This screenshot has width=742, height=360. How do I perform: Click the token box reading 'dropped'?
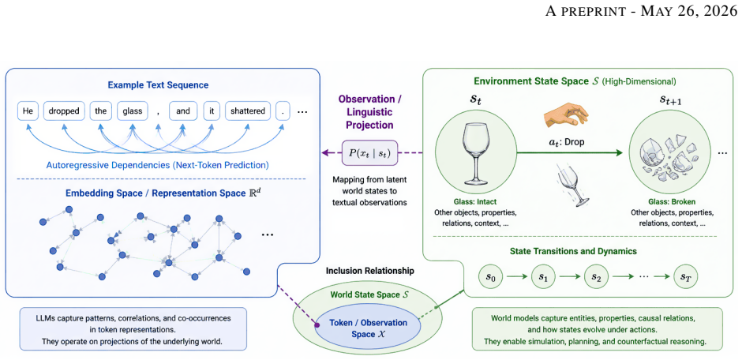(x=64, y=111)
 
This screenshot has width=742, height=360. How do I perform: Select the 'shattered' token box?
(x=248, y=111)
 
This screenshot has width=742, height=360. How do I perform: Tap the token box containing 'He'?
(x=27, y=111)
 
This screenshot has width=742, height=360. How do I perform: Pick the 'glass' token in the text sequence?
(x=133, y=111)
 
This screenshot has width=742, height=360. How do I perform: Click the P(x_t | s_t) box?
(x=369, y=152)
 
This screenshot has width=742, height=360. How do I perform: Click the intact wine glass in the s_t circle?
(x=474, y=154)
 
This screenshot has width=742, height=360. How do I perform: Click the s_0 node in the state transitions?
(x=491, y=276)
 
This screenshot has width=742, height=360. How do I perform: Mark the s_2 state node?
(x=596, y=276)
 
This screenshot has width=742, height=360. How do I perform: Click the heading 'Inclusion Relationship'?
(x=370, y=271)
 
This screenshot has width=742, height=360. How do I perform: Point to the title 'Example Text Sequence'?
(x=159, y=85)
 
